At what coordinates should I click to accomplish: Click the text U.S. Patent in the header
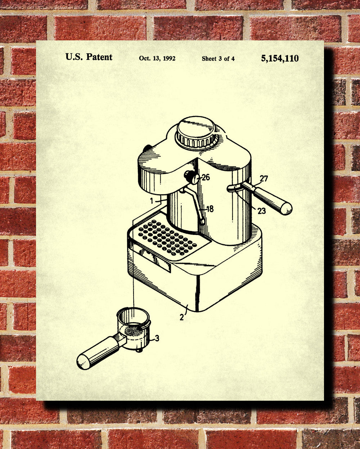tap(89, 57)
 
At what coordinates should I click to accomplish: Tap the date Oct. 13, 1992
tap(157, 58)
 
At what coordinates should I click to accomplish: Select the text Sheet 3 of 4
tap(218, 58)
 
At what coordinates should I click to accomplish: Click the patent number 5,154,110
tap(280, 58)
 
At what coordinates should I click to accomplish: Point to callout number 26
tap(206, 177)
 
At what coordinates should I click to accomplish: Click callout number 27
tap(264, 179)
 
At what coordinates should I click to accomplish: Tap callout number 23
tap(262, 211)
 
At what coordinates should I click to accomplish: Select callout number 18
tap(210, 209)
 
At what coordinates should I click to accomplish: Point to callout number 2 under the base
tap(182, 317)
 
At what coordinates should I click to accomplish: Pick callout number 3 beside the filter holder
tap(157, 338)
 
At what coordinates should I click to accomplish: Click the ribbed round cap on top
tap(196, 133)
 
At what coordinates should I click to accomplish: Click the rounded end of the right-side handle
tap(286, 209)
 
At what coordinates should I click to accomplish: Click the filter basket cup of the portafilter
tap(134, 326)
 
